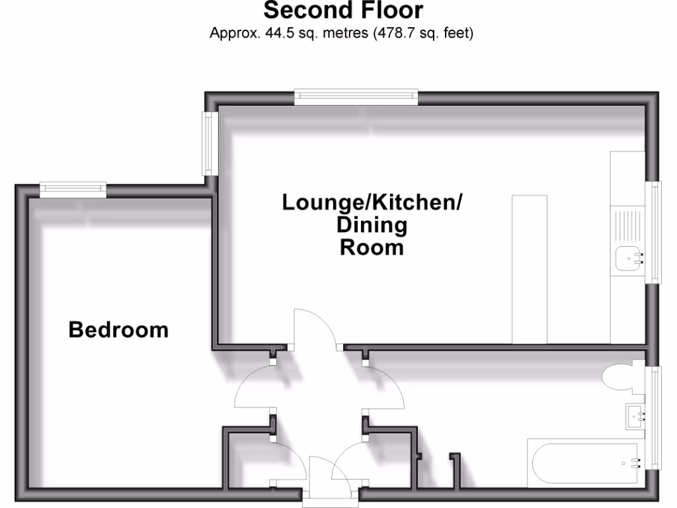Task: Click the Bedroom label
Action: (119, 329)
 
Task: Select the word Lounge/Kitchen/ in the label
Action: (372, 202)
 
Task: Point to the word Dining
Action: (372, 226)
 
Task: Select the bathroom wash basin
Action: (635, 417)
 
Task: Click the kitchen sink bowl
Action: (627, 258)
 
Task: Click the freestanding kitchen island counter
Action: (530, 269)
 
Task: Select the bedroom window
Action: (73, 190)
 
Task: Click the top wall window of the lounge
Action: (356, 97)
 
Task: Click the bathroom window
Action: (655, 417)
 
